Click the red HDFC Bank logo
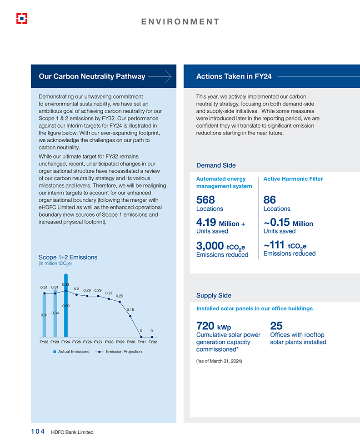pyautogui.click(x=21, y=18)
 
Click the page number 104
pyautogui.click(x=35, y=432)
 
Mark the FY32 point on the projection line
pyautogui.click(x=151, y=337)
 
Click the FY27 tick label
pyautogui.click(x=98, y=342)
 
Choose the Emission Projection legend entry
pyautogui.click(x=119, y=352)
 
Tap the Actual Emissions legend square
pyautogui.click(x=55, y=352)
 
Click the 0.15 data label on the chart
pyautogui.click(x=130, y=310)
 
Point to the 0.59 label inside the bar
pyautogui.click(x=66, y=306)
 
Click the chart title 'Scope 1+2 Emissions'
pyautogui.click(x=68, y=257)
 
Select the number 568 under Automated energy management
pyautogui.click(x=205, y=200)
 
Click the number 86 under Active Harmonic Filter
pyautogui.click(x=270, y=200)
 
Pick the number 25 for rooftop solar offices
pyautogui.click(x=276, y=326)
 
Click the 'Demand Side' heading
pyautogui.click(x=216, y=165)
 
